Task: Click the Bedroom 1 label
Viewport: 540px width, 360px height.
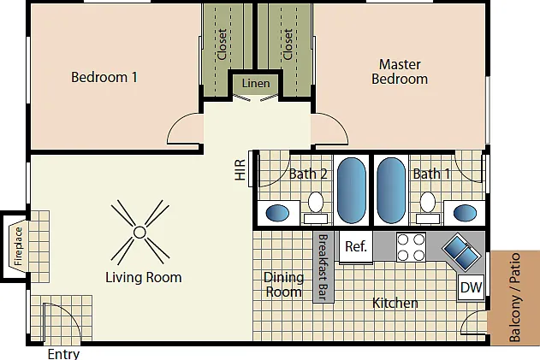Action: click(x=104, y=77)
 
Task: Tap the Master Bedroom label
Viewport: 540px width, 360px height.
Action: click(x=400, y=72)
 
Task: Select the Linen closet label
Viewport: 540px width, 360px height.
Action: click(x=256, y=83)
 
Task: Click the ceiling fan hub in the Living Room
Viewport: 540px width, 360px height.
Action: click(x=139, y=233)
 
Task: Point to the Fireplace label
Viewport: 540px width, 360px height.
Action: click(x=18, y=246)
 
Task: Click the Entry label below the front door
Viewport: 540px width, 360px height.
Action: click(x=63, y=354)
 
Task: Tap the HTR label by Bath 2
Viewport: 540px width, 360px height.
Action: click(x=240, y=169)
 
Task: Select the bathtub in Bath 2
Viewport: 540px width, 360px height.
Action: click(x=351, y=191)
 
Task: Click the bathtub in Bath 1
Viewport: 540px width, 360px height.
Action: click(x=391, y=191)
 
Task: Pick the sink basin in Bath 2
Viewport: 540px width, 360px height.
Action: click(x=277, y=213)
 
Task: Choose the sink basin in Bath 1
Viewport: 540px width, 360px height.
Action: click(x=465, y=213)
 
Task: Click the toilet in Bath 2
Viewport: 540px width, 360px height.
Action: click(x=316, y=207)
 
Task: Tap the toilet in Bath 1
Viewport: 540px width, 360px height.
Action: click(x=428, y=207)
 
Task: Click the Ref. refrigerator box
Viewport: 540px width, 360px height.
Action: click(x=356, y=247)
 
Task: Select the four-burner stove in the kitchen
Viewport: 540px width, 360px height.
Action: click(x=411, y=247)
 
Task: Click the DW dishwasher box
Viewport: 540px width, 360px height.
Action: click(x=472, y=287)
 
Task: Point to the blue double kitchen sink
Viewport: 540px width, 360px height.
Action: click(x=461, y=252)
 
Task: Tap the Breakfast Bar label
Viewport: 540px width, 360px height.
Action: click(x=323, y=267)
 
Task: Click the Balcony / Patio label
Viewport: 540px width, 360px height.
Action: click(x=515, y=298)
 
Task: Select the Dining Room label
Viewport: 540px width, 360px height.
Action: click(x=283, y=285)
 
